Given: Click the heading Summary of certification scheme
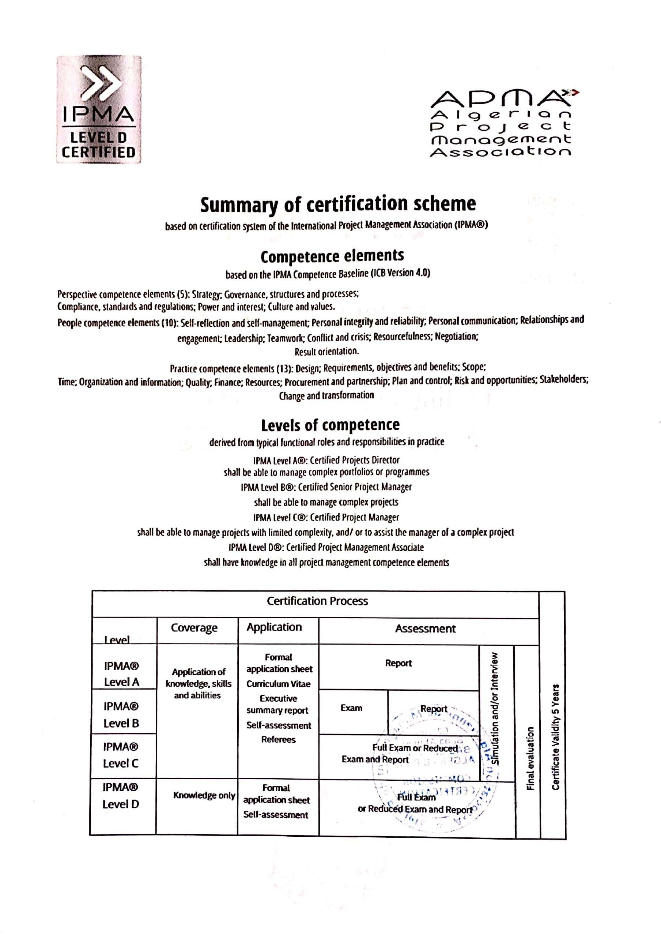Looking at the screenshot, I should click(337, 204).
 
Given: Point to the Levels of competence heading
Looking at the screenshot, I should click(330, 425).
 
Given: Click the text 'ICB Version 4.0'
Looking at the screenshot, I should click(401, 273).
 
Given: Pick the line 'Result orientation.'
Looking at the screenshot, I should click(326, 351).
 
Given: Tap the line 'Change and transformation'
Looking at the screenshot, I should click(326, 395).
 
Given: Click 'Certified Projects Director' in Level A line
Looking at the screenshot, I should click(355, 460).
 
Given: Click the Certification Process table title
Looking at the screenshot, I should click(317, 601).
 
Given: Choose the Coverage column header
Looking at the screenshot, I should click(194, 628).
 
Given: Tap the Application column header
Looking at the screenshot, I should click(274, 627).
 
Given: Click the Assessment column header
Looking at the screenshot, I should click(425, 629).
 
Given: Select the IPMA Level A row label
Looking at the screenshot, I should click(121, 674).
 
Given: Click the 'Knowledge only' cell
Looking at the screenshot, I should click(204, 795).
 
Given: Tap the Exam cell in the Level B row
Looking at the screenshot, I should click(351, 708).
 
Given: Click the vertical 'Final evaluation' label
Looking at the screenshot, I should click(530, 758).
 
